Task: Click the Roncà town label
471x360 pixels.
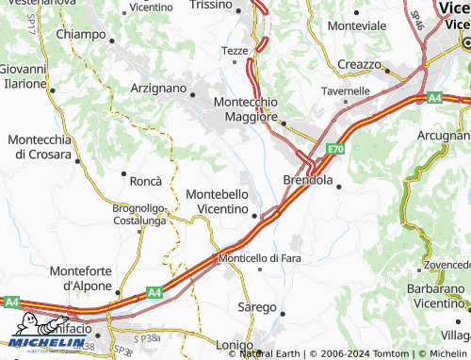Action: coord(146,180)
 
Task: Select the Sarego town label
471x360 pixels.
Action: coord(256,307)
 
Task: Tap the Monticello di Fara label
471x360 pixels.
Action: coord(260,257)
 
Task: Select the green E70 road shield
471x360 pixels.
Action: coord(337,149)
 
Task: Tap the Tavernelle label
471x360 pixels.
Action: coord(346,91)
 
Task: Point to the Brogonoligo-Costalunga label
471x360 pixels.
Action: coord(139,213)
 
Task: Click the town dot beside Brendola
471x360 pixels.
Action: coord(338,186)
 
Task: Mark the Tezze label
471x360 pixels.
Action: coord(234,50)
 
